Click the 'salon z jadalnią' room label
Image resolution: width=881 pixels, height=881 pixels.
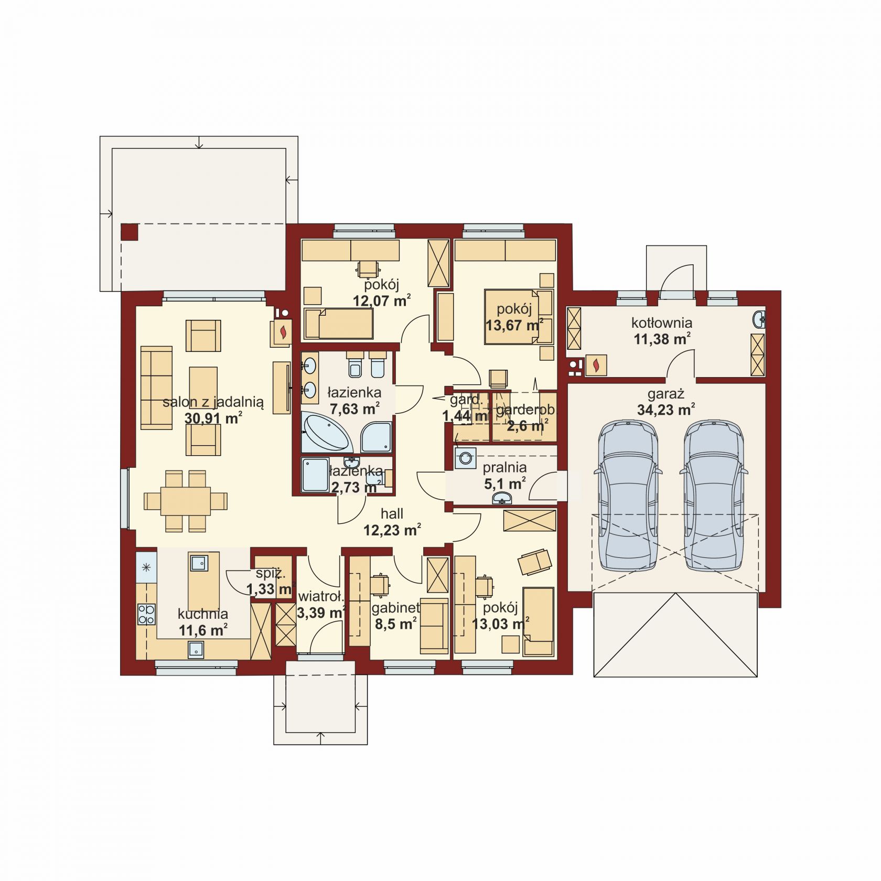click(x=213, y=402)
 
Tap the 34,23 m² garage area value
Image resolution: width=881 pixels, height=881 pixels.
click(x=666, y=409)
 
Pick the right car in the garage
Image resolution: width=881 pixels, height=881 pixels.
click(x=713, y=496)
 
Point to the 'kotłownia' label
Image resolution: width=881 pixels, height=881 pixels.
click(x=662, y=323)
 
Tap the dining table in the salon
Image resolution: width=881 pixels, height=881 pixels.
click(x=186, y=501)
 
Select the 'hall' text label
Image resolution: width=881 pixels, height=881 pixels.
click(x=392, y=514)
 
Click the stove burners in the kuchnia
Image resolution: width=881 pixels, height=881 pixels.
click(x=146, y=614)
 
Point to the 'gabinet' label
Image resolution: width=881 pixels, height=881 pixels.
click(x=396, y=608)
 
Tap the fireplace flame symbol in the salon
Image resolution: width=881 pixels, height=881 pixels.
click(x=283, y=332)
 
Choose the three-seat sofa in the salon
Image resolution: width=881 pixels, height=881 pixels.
click(x=156, y=388)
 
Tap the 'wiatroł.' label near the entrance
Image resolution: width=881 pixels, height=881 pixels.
click(x=321, y=596)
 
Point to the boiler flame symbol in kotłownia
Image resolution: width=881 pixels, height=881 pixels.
click(x=596, y=365)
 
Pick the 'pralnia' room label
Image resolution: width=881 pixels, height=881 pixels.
click(x=504, y=467)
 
